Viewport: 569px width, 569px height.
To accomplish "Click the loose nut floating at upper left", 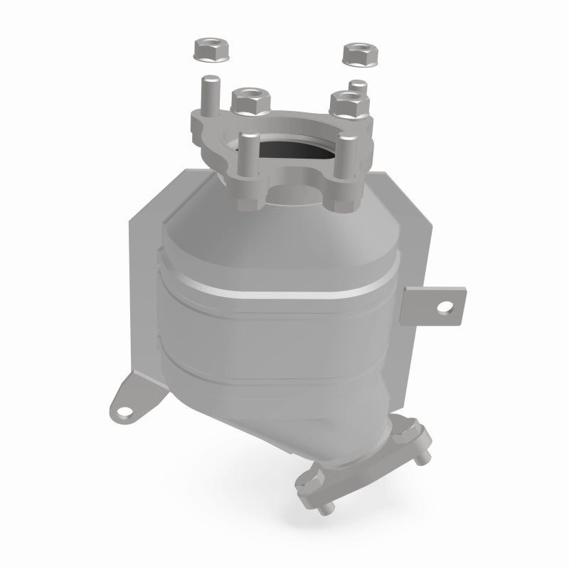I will coord(207,50).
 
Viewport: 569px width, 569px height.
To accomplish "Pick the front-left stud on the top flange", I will coord(248,152).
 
